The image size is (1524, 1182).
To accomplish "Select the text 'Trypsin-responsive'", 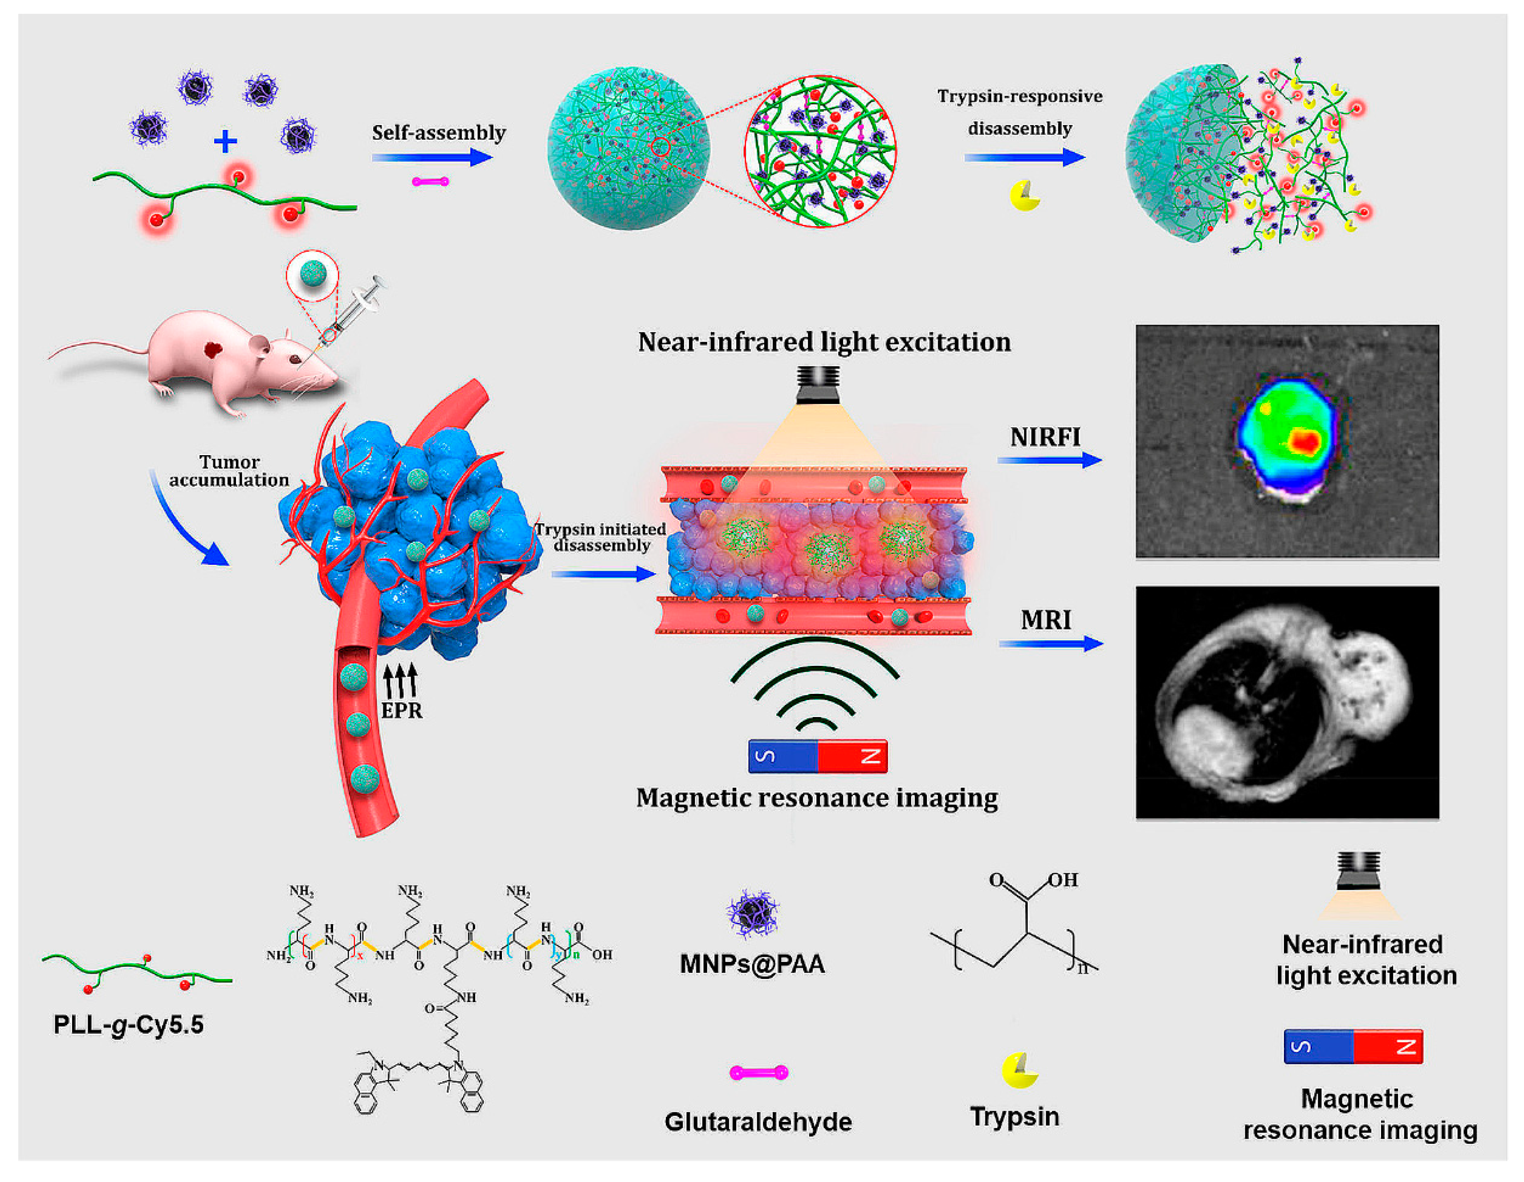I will pyautogui.click(x=1019, y=96).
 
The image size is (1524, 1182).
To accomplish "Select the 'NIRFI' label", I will pyautogui.click(x=1045, y=437).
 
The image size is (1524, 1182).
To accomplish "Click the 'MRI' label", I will pyautogui.click(x=1045, y=620).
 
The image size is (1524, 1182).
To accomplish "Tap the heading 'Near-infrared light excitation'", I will pyautogui.click(x=824, y=342).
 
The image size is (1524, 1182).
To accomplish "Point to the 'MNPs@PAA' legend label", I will pyautogui.click(x=752, y=964).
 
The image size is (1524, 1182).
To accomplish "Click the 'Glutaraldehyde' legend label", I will pyautogui.click(x=758, y=1121).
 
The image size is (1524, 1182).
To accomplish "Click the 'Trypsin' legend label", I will pyautogui.click(x=1015, y=1117).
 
